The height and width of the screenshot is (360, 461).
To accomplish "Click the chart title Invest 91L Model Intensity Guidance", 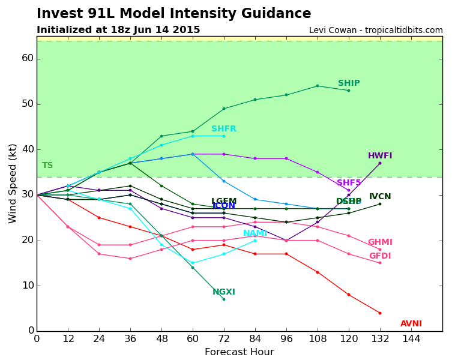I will (x=173, y=14).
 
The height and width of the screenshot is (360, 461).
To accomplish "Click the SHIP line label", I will (x=349, y=83).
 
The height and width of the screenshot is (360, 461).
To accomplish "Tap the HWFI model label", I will (x=380, y=156).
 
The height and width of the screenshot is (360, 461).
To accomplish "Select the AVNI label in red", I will (x=411, y=324).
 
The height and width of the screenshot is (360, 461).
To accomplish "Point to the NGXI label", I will (x=224, y=292).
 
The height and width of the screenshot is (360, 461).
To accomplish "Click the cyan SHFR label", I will (x=224, y=129).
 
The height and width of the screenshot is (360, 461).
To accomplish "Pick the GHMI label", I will (x=380, y=242).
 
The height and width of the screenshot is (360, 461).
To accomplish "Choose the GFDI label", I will (x=380, y=256).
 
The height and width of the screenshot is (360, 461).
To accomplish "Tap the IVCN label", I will (x=380, y=197).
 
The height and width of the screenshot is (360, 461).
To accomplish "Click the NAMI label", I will (x=255, y=233).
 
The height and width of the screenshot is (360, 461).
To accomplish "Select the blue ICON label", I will (x=224, y=206).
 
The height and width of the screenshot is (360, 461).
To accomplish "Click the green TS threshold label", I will (x=47, y=166).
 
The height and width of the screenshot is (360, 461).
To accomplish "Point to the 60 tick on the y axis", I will (x=28, y=58).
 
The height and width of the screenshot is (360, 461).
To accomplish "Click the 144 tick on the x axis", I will (x=411, y=338).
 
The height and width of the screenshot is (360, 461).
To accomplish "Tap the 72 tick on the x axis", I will (x=224, y=338).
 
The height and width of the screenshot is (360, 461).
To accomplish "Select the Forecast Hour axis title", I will (x=239, y=352).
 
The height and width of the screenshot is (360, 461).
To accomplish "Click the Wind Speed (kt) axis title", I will (x=13, y=183).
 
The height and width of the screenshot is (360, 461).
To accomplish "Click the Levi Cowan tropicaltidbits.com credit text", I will (x=376, y=31).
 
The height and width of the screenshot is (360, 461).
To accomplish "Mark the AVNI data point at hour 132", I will (x=379, y=313).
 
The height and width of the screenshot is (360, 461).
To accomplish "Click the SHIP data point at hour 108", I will (x=318, y=86).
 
